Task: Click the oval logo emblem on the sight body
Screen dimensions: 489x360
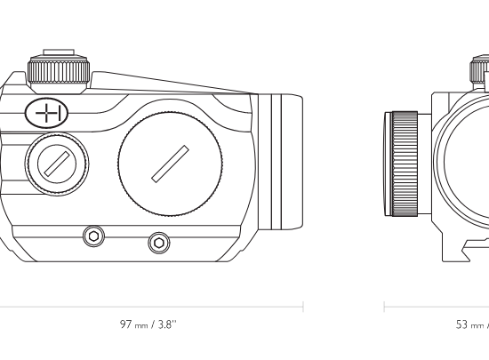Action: pyautogui.click(x=46, y=113)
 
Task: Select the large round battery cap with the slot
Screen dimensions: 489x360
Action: pyautogui.click(x=171, y=164)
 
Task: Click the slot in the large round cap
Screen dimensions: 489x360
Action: pyautogui.click(x=171, y=164)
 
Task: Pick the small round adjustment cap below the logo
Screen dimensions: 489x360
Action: pyautogui.click(x=57, y=164)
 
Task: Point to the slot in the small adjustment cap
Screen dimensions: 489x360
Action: pyautogui.click(x=57, y=164)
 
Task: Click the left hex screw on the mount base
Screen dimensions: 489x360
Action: pyautogui.click(x=93, y=236)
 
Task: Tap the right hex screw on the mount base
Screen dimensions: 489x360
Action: pyautogui.click(x=159, y=243)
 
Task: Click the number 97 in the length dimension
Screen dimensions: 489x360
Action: pyautogui.click(x=126, y=324)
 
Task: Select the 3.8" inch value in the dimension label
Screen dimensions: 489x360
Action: pyautogui.click(x=167, y=324)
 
